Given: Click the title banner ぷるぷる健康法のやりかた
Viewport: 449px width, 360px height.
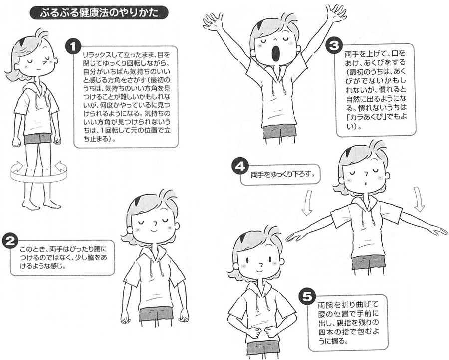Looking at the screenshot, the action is (x=99, y=13).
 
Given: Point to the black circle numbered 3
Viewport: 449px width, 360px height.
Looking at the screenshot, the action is (x=334, y=46).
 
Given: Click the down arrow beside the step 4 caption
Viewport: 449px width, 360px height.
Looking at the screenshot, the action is (x=307, y=203).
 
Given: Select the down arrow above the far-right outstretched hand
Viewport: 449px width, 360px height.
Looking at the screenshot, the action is (x=420, y=200).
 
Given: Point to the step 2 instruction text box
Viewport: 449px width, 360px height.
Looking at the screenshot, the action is (x=62, y=257).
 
